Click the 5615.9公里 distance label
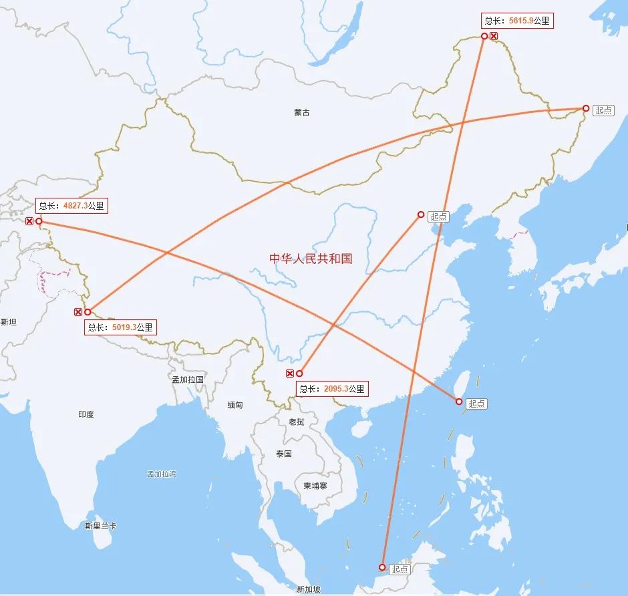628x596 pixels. (517, 21)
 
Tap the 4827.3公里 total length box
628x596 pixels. (71, 206)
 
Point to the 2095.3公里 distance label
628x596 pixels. (331, 389)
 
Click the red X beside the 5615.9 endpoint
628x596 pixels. (494, 36)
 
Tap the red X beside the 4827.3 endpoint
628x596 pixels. (29, 221)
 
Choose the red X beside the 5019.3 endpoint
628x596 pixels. (77, 312)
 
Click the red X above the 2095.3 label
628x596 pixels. (289, 374)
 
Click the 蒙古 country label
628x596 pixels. (302, 113)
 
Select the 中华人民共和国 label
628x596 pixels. (311, 259)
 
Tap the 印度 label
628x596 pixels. (86, 415)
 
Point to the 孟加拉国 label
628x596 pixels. (188, 380)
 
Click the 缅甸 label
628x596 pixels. (235, 405)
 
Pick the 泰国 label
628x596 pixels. (284, 454)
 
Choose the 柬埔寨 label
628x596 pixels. (315, 486)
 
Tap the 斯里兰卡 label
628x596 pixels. (101, 526)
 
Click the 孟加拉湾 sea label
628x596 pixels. (162, 474)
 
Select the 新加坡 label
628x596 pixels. (309, 589)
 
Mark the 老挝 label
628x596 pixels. (297, 422)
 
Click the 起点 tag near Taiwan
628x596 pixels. (477, 404)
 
